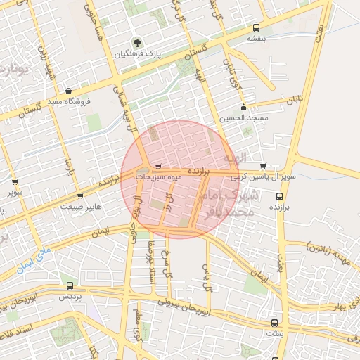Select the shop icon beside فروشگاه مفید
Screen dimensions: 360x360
click(68, 91)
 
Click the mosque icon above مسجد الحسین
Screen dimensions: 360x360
click(243, 108)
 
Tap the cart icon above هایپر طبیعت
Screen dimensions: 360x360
click(80, 196)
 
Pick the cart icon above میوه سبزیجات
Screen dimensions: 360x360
click(157, 167)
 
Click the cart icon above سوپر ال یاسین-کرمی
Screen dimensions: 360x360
click(263, 167)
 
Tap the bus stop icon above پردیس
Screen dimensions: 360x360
click(69, 286)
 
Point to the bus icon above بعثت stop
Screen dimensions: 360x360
click(274, 323)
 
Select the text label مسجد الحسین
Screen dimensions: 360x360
click(244, 118)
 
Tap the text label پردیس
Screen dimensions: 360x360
click(69, 297)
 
